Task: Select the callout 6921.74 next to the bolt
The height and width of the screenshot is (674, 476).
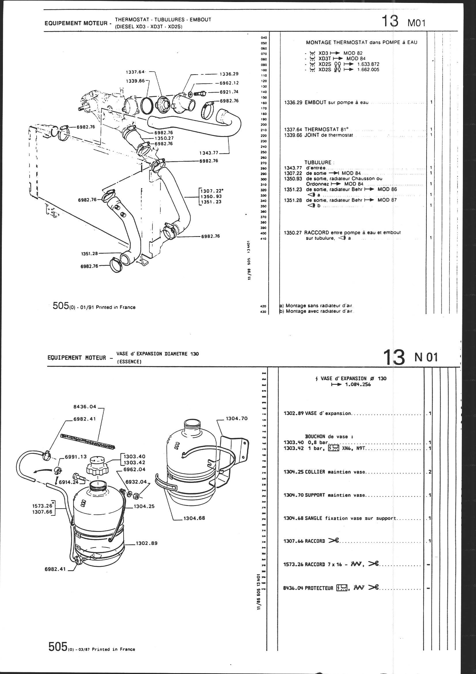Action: click(x=229, y=92)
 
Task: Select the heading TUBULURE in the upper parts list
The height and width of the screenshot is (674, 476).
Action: click(x=318, y=162)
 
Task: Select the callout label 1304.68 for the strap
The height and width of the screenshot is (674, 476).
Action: click(x=194, y=518)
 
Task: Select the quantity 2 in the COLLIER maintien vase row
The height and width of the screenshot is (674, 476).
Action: click(x=430, y=472)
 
